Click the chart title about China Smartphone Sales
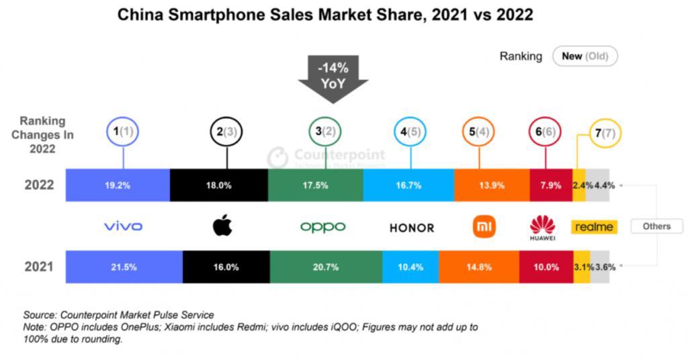coord(325,15)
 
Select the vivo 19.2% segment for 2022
coord(118,185)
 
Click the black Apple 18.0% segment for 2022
coord(218,185)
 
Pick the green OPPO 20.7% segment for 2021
coord(325,267)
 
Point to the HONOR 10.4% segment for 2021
coord(411,267)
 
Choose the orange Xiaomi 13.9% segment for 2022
coord(492,185)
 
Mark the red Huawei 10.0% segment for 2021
coord(546,267)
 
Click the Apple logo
coord(222,226)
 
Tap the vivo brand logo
coord(123,226)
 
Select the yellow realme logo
coord(594,226)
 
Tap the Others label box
coord(656,226)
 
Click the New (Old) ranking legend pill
coord(584,56)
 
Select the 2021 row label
coord(39,267)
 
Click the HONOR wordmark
coord(412,228)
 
